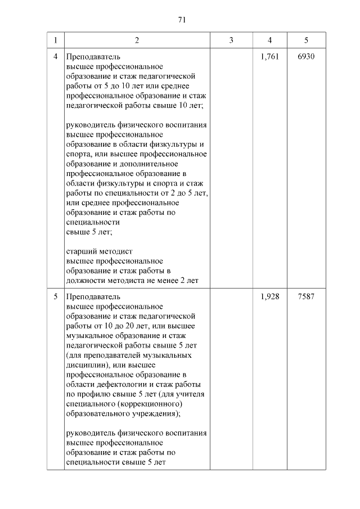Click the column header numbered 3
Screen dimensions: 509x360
point(231,40)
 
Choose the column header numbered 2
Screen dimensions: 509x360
point(137,40)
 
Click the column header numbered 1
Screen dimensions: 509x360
point(55,40)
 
